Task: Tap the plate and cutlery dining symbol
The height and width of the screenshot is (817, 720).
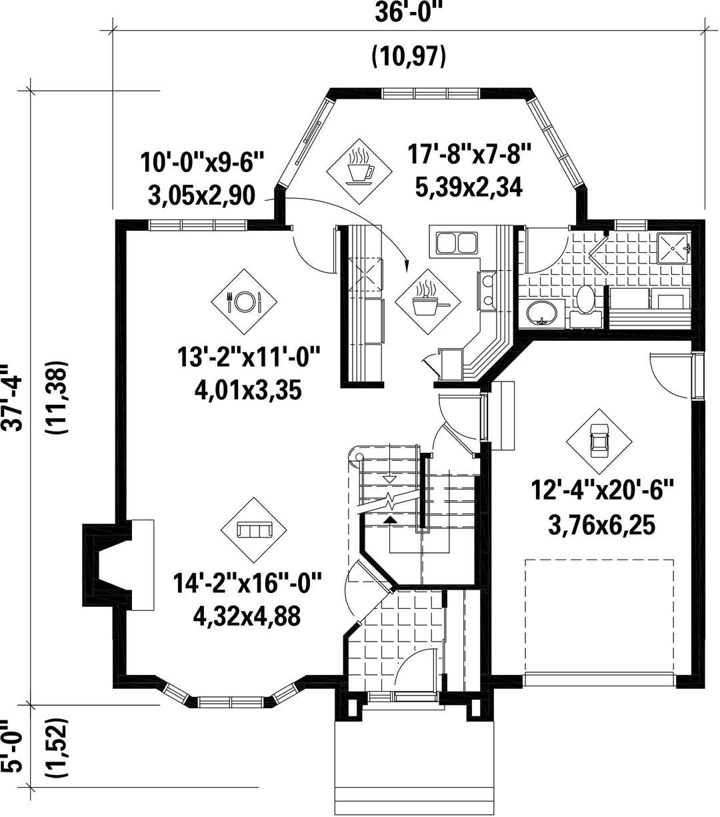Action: [x=244, y=302]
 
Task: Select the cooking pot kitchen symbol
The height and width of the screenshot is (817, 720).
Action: [x=428, y=301]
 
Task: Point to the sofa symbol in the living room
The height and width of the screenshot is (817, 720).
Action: [x=253, y=530]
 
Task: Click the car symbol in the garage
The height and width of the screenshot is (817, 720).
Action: [x=599, y=442]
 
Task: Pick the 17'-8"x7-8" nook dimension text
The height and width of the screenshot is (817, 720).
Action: [x=469, y=155]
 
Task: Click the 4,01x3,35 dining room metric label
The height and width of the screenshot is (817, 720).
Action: [x=248, y=390]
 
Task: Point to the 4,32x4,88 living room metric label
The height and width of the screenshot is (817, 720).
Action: [x=247, y=616]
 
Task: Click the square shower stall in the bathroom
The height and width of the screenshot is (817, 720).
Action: [x=673, y=248]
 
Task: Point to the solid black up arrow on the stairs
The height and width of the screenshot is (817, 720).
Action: [x=389, y=520]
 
